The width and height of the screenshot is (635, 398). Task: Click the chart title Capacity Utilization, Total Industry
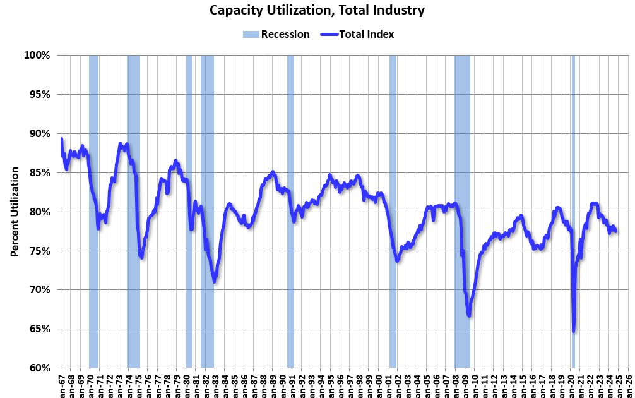[x=317, y=10]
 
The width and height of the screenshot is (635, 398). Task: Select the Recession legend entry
[x=276, y=34]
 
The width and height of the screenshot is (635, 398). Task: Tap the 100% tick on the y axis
[x=37, y=56]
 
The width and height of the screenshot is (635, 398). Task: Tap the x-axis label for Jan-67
[x=61, y=383]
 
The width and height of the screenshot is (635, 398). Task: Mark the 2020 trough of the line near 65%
[x=573, y=330]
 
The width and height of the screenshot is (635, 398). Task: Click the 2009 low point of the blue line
[x=469, y=315]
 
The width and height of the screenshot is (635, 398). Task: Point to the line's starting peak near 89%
[x=61, y=139]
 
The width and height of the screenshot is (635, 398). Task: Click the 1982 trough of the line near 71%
[x=215, y=281]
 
